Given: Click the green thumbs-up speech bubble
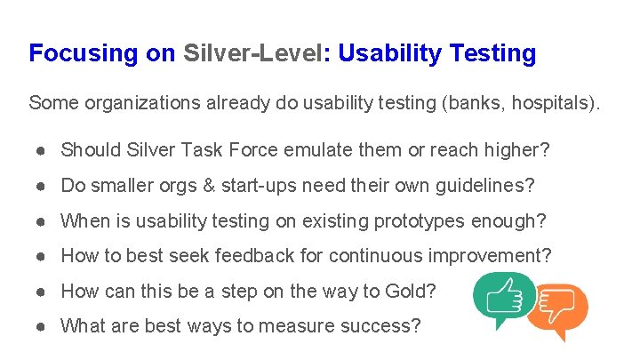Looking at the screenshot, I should (503, 298).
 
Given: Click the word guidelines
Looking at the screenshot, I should (485, 186).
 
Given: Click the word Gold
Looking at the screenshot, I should (412, 291).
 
